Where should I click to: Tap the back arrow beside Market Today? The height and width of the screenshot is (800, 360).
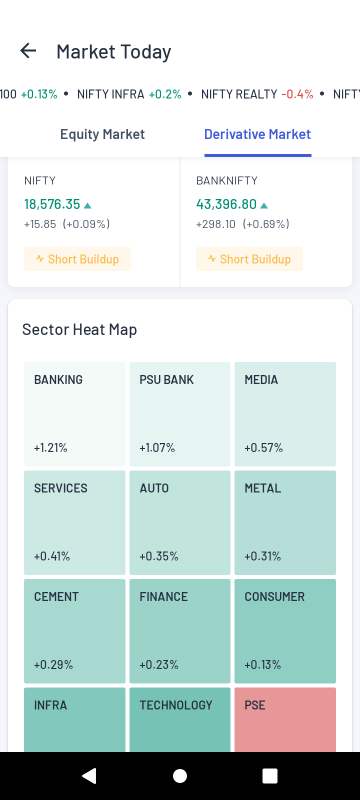pos(28,51)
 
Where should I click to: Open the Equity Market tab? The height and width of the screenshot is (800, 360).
pos(102,134)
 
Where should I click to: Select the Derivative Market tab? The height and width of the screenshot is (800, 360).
pos(257,134)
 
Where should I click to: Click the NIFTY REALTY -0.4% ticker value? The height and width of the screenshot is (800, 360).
pos(297,94)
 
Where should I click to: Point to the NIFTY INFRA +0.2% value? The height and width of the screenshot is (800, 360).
pos(165,94)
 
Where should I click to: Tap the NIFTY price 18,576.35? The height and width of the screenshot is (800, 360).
pos(52,204)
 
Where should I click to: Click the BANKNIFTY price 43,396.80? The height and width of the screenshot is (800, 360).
pos(226,204)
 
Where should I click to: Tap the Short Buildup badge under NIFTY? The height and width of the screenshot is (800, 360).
pos(77,259)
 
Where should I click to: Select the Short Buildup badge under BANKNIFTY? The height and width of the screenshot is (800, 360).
pos(249,259)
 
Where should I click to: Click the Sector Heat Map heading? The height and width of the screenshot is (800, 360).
pos(79,329)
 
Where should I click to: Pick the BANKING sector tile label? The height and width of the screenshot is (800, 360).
pos(58,380)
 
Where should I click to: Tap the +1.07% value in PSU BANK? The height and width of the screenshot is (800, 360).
pos(157,447)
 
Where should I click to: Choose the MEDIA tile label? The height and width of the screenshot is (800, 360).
pos(261,380)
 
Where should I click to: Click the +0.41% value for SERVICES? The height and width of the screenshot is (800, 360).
pos(52,556)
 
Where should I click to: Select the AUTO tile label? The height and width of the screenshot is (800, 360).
pos(154,488)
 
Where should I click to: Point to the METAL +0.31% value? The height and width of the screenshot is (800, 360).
pos(262,556)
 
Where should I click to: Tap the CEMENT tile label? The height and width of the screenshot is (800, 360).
pos(56,597)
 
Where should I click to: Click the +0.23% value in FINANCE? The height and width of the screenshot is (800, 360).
pos(159,664)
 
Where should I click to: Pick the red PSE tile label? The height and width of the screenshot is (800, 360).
pos(255,705)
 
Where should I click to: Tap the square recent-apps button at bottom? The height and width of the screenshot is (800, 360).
pos(270,776)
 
